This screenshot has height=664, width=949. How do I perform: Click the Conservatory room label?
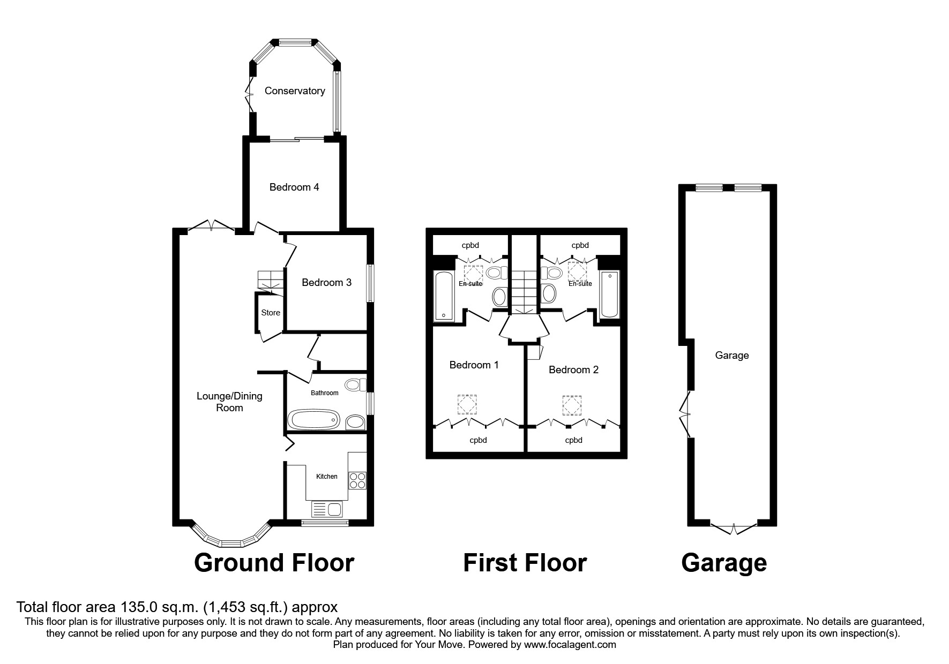pyautogui.click(x=295, y=91)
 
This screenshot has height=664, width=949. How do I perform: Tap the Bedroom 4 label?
pyautogui.click(x=294, y=187)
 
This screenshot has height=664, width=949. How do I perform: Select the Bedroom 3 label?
pyautogui.click(x=326, y=282)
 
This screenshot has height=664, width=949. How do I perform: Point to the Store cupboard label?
pyautogui.click(x=271, y=313)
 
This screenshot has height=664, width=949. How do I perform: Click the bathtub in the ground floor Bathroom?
pyautogui.click(x=314, y=419)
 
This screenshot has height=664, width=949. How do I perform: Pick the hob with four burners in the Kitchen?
pyautogui.click(x=357, y=480)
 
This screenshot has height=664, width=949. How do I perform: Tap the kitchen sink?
pyautogui.click(x=327, y=509)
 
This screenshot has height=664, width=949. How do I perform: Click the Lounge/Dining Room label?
pyautogui.click(x=229, y=402)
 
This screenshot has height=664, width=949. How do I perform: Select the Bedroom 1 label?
pyautogui.click(x=474, y=365)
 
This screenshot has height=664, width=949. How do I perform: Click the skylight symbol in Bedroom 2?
pyautogui.click(x=572, y=405)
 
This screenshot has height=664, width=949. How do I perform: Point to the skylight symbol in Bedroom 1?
pyautogui.click(x=467, y=405)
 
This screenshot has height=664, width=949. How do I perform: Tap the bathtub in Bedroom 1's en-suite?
pyautogui.click(x=444, y=296)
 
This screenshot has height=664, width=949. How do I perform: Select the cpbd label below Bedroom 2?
pyautogui.click(x=573, y=441)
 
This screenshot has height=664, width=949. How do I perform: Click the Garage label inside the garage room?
pyautogui.click(x=732, y=356)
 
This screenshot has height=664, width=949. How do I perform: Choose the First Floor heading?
pyautogui.click(x=525, y=563)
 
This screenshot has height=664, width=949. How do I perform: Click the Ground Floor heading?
pyautogui.click(x=274, y=563)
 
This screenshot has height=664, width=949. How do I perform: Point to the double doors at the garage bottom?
pyautogui.click(x=733, y=527)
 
